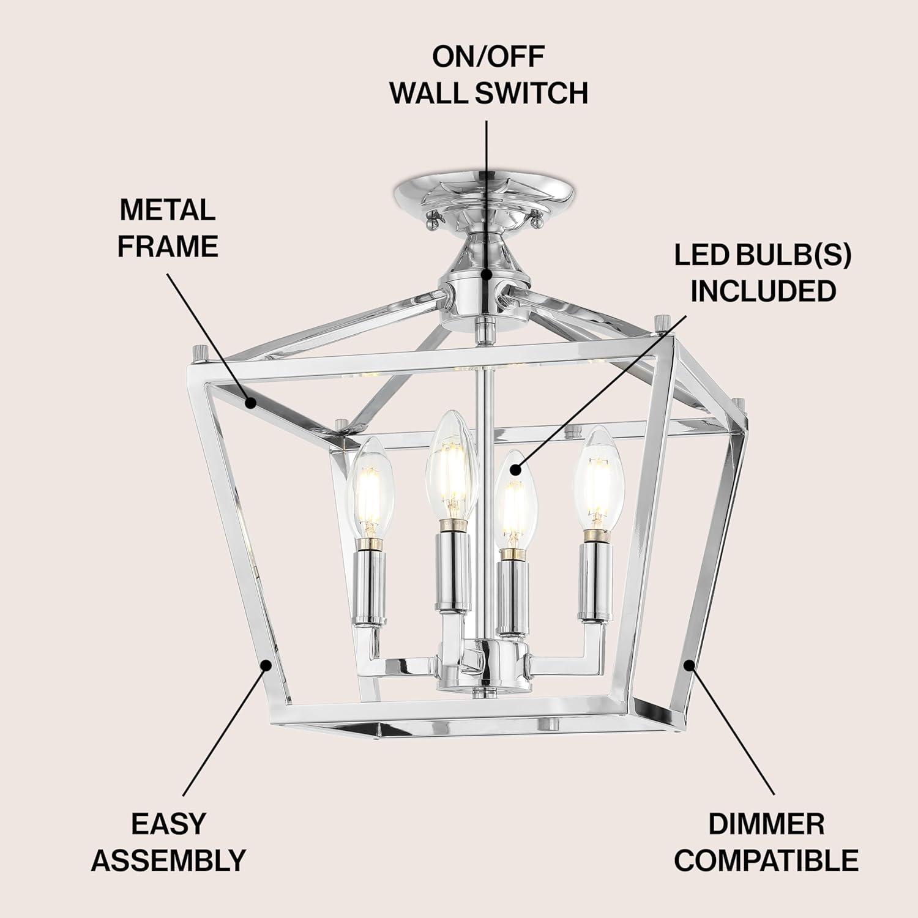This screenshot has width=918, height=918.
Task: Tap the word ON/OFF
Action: (x=489, y=56)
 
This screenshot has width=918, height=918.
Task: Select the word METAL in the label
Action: (x=168, y=210)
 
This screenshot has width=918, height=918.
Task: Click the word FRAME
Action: (x=168, y=246)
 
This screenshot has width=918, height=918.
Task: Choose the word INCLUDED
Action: (x=763, y=291)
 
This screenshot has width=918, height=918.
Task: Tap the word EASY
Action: (x=168, y=824)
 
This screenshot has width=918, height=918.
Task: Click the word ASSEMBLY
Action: (x=168, y=860)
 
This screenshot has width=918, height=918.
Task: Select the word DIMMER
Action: (x=766, y=824)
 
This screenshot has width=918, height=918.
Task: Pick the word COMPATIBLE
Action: (x=766, y=860)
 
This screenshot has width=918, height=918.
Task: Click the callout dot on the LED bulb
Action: (x=515, y=470)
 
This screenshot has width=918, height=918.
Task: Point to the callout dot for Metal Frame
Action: (x=250, y=403)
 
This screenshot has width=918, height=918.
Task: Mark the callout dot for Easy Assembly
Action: (x=266, y=665)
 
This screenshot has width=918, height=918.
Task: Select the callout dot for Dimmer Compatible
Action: (x=690, y=665)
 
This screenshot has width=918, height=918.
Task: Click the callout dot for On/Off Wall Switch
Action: (x=487, y=275)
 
